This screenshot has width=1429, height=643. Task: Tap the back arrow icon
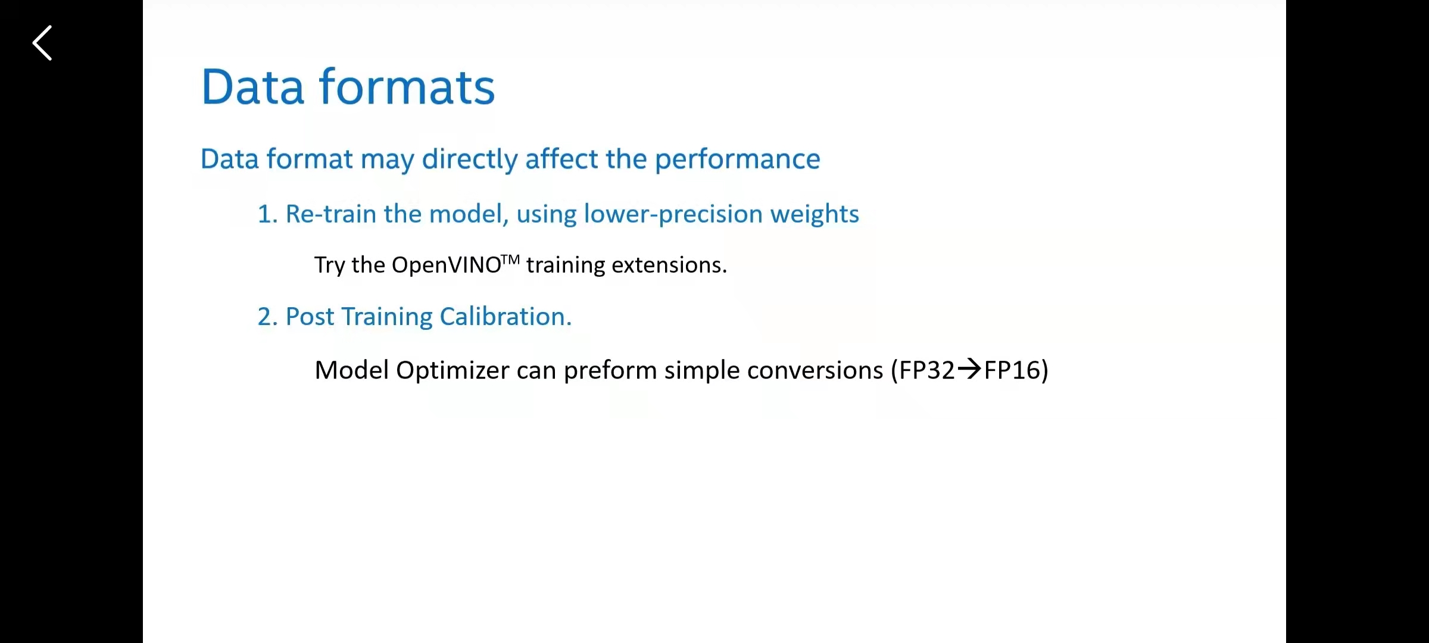(42, 43)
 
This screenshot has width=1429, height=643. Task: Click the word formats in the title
(407, 87)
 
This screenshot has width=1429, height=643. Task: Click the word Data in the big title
(253, 87)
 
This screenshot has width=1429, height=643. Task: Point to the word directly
(470, 160)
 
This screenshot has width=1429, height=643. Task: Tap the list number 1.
(267, 214)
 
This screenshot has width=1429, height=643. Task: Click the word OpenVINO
(447, 265)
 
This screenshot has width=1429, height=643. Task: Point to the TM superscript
(511, 260)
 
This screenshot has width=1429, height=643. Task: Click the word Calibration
(506, 317)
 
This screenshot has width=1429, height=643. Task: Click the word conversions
(815, 370)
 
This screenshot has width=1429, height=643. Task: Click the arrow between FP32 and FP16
(969, 369)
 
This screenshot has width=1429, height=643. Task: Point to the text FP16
(1012, 370)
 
